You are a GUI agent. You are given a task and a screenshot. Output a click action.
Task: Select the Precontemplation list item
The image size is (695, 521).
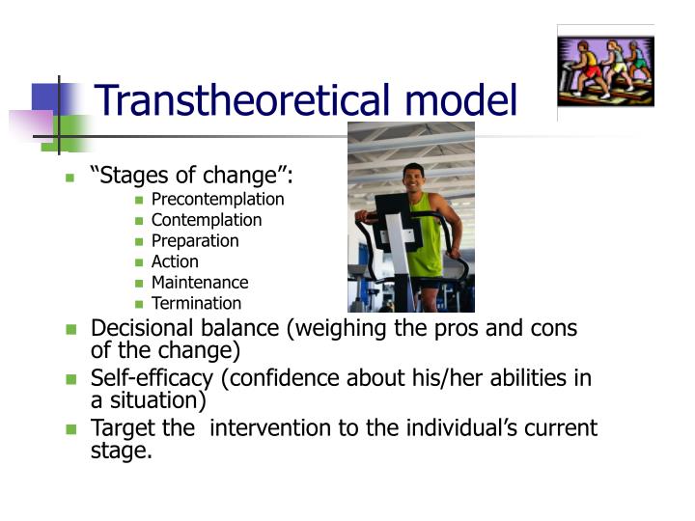(x=217, y=200)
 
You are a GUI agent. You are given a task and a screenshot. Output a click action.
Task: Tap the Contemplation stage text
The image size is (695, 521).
(x=206, y=220)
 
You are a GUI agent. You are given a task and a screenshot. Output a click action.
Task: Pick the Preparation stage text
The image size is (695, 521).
(x=194, y=241)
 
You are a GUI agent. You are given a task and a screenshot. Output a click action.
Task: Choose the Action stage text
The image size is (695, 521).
(x=175, y=261)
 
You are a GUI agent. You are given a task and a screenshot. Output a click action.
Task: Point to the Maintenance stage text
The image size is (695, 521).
(x=200, y=283)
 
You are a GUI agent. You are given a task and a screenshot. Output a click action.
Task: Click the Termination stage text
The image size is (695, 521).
(x=196, y=304)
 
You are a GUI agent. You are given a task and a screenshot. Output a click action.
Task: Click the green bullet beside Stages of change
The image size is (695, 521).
(x=69, y=177)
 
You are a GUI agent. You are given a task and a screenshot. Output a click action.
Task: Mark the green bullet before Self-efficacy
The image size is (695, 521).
(x=70, y=378)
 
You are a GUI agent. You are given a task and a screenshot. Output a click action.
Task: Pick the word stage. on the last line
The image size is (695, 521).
(x=121, y=450)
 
